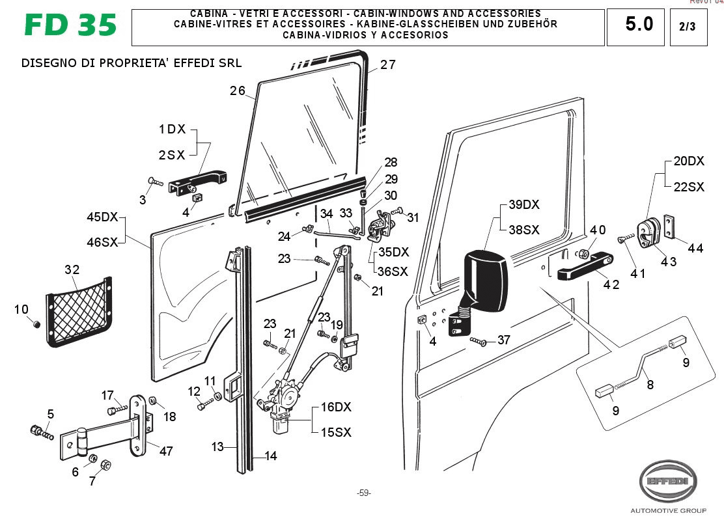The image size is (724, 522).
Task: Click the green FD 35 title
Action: pos(70,25)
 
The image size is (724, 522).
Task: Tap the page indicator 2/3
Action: pos(688,27)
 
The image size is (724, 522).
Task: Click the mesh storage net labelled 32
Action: pos(77,309)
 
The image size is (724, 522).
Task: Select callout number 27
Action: pos(388,64)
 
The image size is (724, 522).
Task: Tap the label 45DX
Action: pos(102,217)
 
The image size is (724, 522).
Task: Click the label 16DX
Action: pos(335,407)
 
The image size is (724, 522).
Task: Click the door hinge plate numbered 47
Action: pos(139,426)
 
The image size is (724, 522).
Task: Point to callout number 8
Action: pos(650,385)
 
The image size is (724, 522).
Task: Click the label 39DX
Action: pos(524,205)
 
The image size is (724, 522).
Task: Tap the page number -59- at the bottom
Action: pos(363,493)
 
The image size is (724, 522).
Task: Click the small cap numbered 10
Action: pos(37,324)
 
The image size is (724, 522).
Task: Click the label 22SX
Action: pos(688,187)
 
